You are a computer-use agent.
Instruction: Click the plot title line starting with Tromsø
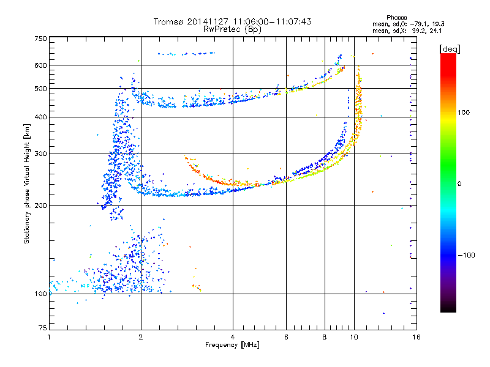232,21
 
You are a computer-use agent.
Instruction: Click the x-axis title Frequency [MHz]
232,345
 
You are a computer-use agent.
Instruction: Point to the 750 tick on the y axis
41,39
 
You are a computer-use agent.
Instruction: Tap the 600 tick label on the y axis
41,65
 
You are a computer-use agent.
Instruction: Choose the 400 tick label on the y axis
41,117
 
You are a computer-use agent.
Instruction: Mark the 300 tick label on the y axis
41,154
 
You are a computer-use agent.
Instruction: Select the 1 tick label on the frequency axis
49,337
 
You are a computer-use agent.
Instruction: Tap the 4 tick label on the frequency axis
233,337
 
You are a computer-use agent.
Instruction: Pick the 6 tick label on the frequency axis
286,337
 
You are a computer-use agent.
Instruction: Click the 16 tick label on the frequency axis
416,337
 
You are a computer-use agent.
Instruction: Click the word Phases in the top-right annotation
398,17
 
